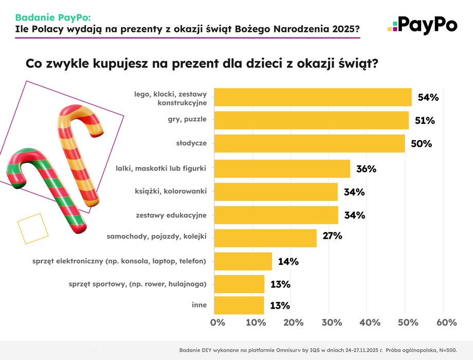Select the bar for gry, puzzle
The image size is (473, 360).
311,120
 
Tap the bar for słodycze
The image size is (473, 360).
310,143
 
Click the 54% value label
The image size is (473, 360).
427,98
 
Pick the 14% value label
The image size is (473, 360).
288,261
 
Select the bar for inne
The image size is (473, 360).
239,305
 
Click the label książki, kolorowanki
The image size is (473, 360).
170,191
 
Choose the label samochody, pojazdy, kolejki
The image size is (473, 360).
157,238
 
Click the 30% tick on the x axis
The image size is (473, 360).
332,322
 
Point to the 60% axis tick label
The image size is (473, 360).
446,322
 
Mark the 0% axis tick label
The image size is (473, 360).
218,322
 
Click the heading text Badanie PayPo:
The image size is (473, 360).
52,17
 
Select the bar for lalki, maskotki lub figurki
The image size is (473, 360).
282,168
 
